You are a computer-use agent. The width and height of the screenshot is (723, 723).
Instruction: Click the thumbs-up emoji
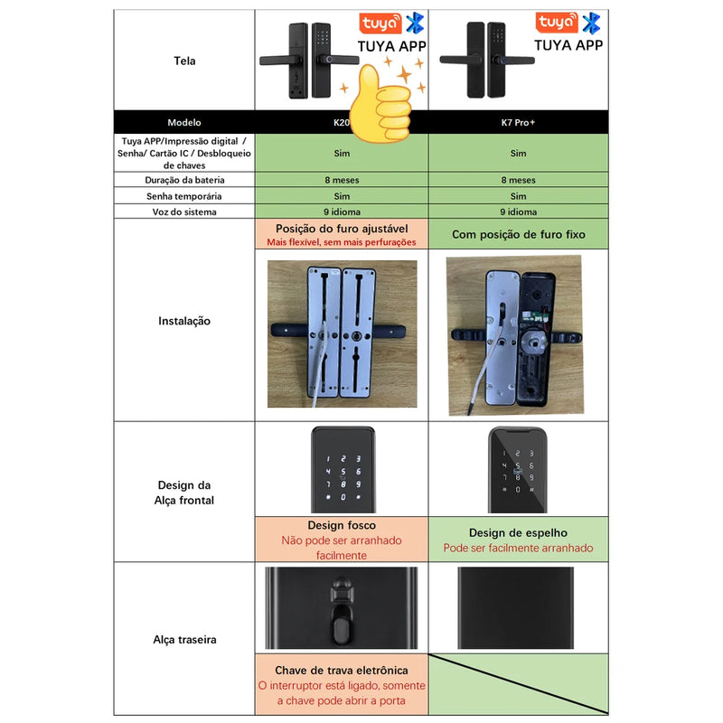tap(380, 104)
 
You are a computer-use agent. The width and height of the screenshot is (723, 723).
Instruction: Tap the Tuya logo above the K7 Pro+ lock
tap(556, 23)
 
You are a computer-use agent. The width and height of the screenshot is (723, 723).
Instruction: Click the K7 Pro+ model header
tap(518, 123)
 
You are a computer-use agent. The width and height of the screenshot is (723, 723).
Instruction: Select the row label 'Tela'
tap(184, 61)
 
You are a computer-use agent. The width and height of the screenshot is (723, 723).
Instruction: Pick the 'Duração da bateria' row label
tap(184, 180)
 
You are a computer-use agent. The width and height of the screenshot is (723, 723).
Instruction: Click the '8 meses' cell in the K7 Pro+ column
tap(518, 180)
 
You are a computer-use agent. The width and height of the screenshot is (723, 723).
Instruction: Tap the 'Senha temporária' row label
tap(184, 196)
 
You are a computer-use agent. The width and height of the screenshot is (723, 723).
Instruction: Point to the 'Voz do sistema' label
tap(184, 211)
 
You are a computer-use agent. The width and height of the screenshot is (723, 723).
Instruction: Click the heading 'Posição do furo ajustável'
tap(342, 229)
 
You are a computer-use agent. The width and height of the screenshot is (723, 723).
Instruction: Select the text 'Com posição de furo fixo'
tap(518, 234)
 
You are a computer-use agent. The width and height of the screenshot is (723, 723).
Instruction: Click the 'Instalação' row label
tap(184, 321)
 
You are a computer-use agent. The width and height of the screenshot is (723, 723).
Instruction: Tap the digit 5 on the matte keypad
tap(343, 472)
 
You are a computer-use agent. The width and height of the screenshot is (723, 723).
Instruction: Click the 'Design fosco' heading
tap(342, 525)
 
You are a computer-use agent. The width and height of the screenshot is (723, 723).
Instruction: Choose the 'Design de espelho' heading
tap(518, 532)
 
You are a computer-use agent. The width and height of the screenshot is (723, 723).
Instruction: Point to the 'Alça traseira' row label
tap(184, 640)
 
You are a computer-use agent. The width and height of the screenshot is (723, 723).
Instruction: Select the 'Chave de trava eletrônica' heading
tap(342, 670)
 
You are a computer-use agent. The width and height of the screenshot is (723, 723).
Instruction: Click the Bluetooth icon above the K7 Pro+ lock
tap(591, 23)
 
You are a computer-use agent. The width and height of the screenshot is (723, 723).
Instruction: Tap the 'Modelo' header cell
tap(184, 123)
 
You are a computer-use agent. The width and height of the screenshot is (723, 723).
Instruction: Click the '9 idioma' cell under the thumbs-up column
tap(342, 211)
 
